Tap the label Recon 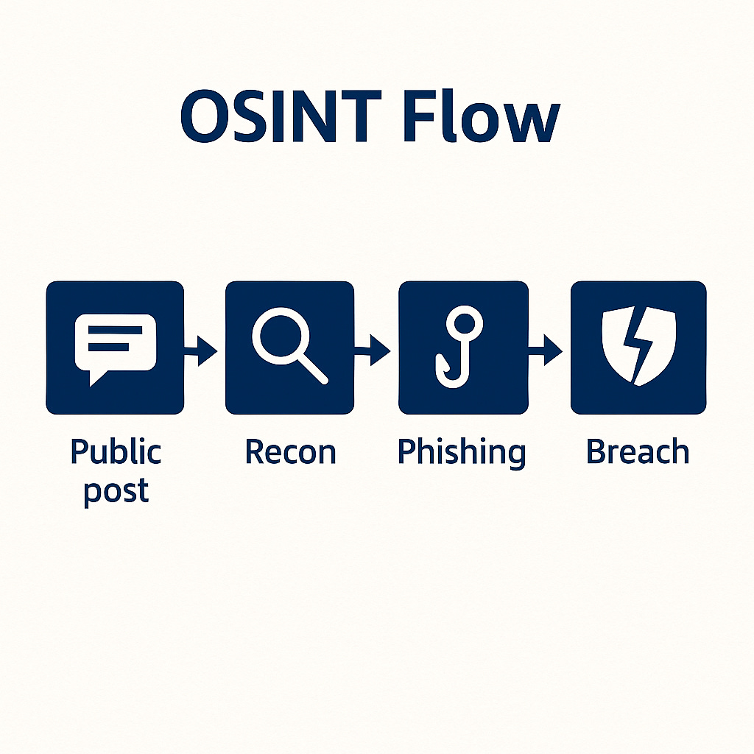(290, 451)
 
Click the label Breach (638, 451)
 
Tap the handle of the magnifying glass (313, 369)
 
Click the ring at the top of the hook (467, 321)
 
